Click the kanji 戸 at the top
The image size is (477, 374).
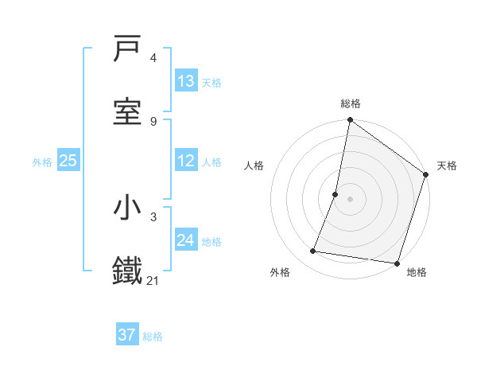[128, 49]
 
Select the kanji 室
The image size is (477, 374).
[128, 112]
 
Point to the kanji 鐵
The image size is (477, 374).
[128, 271]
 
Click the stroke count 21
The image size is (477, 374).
[153, 280]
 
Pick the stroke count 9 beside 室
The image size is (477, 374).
[153, 121]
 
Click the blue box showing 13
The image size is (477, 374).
[186, 81]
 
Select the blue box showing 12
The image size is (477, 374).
[186, 161]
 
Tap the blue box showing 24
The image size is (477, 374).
[186, 240]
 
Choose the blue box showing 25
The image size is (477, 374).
[68, 161]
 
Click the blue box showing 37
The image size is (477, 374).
[127, 335]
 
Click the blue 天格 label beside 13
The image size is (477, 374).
[211, 82]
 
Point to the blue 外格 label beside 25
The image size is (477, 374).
[42, 162]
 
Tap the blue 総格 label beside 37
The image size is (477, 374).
[153, 336]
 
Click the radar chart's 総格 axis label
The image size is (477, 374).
[351, 103]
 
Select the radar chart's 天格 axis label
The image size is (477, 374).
[447, 166]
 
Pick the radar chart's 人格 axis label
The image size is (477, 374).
[254, 166]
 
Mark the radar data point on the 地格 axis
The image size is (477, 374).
[397, 263]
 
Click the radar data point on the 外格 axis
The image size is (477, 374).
[313, 251]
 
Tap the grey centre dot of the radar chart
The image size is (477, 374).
[351, 198]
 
